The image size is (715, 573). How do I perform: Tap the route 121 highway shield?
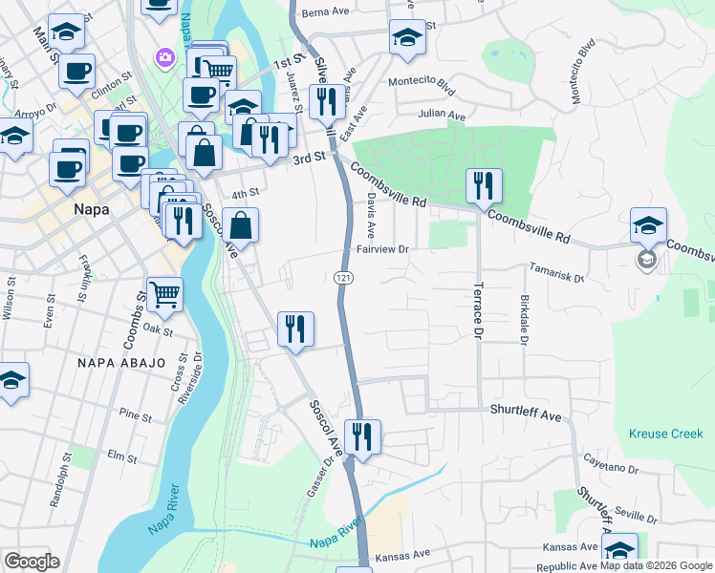pos(341,277)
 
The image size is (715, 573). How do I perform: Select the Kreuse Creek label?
pos(665,434)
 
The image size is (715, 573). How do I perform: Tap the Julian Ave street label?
pos(444,116)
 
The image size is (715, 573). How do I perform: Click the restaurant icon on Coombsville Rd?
pos(483,186)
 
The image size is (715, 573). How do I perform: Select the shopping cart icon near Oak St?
pos(164,294)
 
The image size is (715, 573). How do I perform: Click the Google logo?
pos(32,562)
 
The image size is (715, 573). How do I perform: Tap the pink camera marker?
pos(165,57)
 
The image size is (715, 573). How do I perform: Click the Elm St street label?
pos(123,456)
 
